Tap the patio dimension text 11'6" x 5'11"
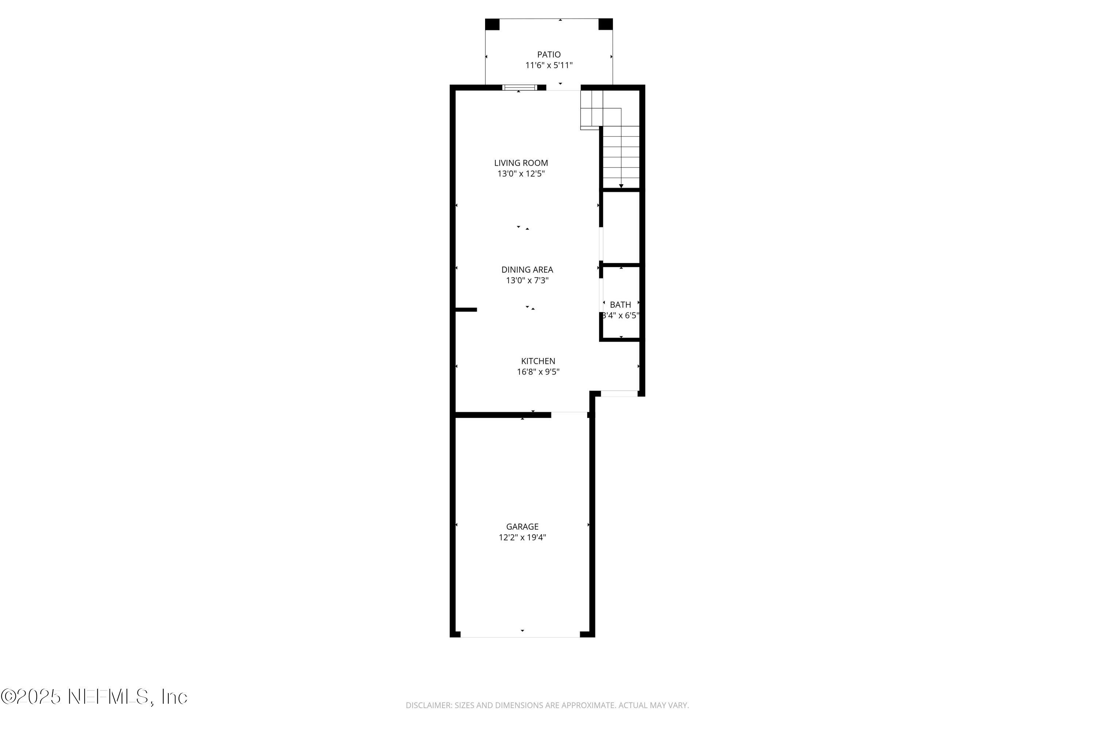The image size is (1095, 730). pyautogui.click(x=549, y=66)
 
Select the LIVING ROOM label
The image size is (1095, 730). pyautogui.click(x=521, y=163)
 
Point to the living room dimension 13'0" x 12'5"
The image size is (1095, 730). pyautogui.click(x=521, y=174)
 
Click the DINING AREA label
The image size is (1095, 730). pyautogui.click(x=527, y=270)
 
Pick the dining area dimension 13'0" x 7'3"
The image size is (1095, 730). pyautogui.click(x=527, y=281)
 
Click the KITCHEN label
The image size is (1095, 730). pyautogui.click(x=538, y=361)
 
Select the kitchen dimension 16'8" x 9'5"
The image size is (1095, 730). pyautogui.click(x=538, y=372)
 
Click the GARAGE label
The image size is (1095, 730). pyautogui.click(x=522, y=527)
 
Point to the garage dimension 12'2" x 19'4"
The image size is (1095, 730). pyautogui.click(x=522, y=538)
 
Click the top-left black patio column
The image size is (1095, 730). pyautogui.click(x=492, y=24)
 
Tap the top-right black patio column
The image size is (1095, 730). pyautogui.click(x=605, y=24)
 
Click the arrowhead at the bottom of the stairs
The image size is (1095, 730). pyautogui.click(x=621, y=186)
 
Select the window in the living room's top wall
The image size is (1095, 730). pyautogui.click(x=519, y=88)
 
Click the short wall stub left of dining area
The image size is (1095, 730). pyautogui.click(x=466, y=310)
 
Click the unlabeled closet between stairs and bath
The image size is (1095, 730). pyautogui.click(x=621, y=228)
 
